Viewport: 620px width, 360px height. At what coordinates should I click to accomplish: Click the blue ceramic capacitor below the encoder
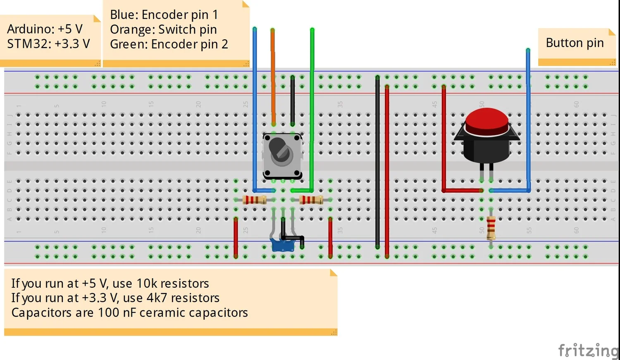[x=282, y=246]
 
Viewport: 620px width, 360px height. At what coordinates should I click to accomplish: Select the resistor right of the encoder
[x=311, y=200]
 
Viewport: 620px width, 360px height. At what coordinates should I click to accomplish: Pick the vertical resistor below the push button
[x=491, y=228]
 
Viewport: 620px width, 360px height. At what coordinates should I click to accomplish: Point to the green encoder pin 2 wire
[x=312, y=103]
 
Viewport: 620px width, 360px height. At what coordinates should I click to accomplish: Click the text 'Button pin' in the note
[x=575, y=43]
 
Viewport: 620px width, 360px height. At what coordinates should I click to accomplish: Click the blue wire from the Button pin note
[x=528, y=124]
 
